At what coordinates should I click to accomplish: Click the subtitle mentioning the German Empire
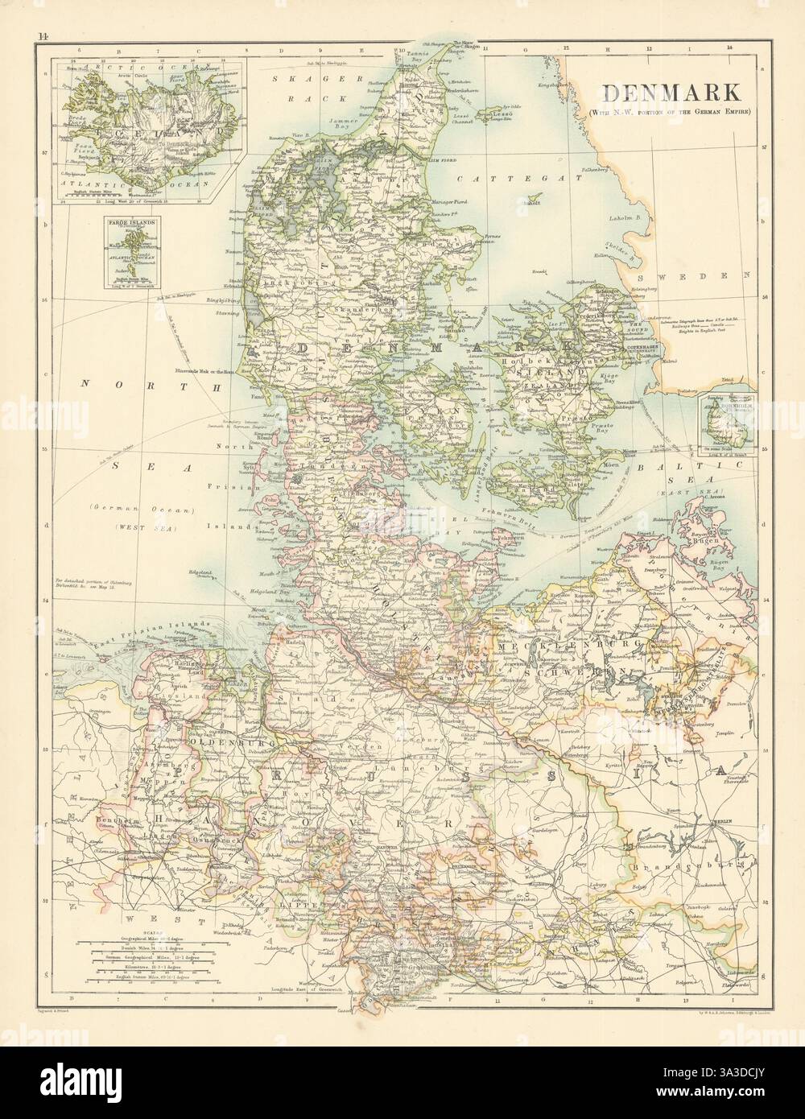(x=668, y=112)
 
